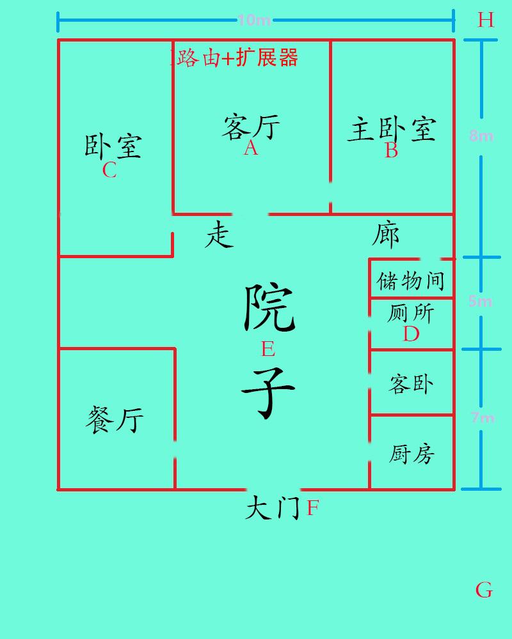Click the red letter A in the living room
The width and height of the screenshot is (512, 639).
251,148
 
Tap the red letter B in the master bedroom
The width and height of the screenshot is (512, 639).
391,151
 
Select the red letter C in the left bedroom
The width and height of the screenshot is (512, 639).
109,171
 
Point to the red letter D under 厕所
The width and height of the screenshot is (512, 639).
411,334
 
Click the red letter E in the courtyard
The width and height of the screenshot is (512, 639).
268,349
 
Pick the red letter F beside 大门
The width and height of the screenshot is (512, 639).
313,509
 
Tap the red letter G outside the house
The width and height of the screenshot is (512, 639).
484,589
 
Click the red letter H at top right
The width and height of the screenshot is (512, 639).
486,20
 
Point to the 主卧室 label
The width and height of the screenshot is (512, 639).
392,130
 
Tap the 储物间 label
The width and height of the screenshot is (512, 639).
411,281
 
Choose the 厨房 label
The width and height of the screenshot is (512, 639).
412,454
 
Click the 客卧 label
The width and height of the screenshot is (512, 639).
412,384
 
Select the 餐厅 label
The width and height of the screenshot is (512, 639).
115,420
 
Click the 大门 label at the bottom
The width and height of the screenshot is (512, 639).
273,509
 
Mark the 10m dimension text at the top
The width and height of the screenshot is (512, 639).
255,20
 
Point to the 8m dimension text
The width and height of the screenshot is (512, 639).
481,135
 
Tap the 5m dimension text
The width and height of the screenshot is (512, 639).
480,301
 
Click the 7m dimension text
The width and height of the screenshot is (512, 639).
482,418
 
